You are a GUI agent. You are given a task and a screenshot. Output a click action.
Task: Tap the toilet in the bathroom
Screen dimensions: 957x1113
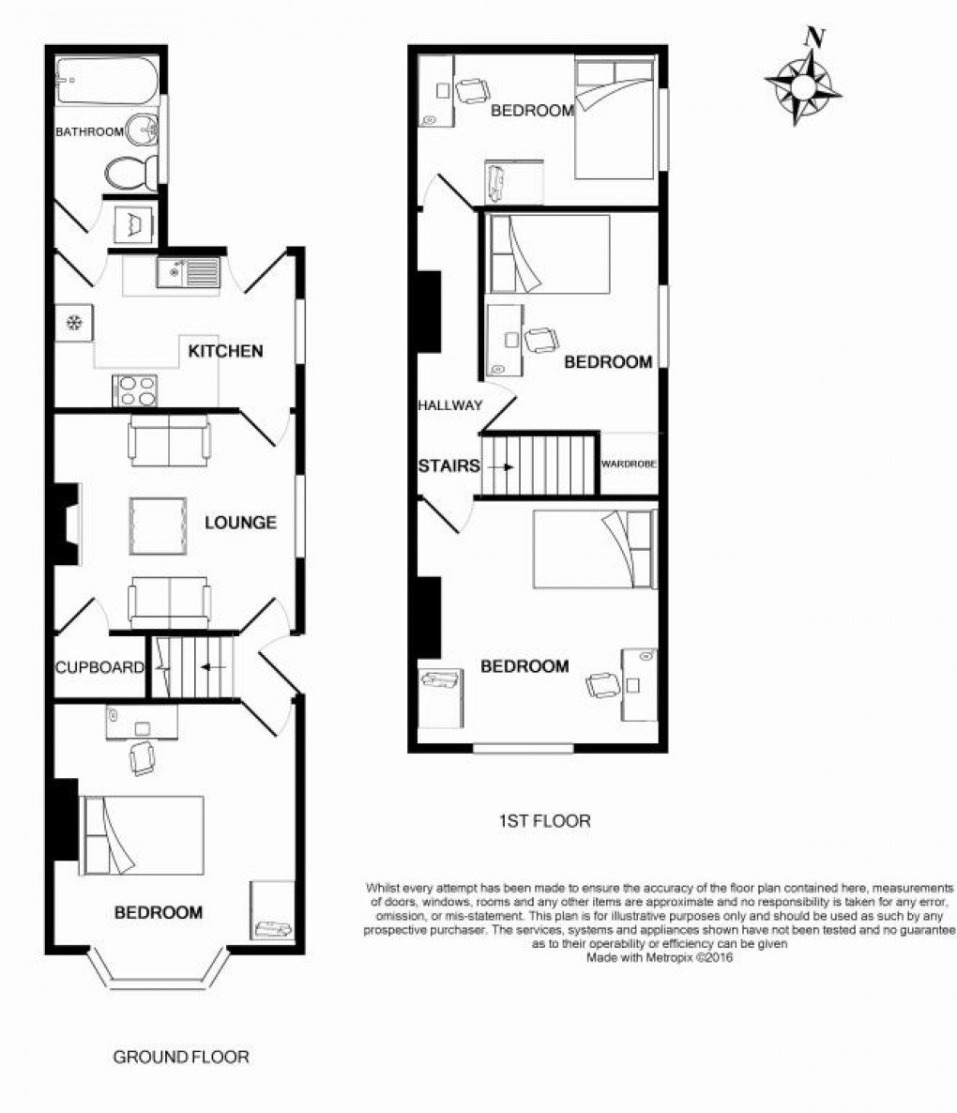tap(131, 172)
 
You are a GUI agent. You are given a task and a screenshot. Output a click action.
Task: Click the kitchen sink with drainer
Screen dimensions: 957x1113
tap(188, 272)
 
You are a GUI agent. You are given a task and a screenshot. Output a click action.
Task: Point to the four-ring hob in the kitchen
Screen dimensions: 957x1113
tap(135, 390)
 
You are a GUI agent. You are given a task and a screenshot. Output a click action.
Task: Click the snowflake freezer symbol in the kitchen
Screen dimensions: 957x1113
tap(74, 323)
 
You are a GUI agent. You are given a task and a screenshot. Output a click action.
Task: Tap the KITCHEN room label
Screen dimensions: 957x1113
tap(225, 351)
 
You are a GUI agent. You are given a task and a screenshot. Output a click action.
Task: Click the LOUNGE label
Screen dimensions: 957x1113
tap(240, 523)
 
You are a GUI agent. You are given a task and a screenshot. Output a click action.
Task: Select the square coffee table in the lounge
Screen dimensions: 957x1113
tap(158, 526)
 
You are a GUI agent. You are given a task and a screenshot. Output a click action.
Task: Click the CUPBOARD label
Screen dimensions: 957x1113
tap(99, 667)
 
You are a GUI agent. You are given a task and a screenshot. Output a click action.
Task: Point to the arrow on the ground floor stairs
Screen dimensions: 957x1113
tap(214, 667)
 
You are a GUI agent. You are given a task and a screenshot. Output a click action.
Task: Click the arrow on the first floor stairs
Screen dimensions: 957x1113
tap(502, 467)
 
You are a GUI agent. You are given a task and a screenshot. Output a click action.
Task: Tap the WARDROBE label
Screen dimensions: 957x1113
tap(629, 465)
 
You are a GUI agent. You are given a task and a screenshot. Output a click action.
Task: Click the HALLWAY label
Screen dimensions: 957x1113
tap(449, 405)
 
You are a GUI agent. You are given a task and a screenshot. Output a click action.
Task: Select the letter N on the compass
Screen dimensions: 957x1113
tap(816, 37)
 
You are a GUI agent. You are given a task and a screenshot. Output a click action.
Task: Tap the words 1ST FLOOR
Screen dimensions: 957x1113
tap(545, 821)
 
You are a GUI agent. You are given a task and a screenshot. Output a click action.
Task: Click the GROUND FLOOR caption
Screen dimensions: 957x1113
tap(181, 1057)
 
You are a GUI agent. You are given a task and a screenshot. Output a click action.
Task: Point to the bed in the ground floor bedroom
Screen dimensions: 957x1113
tap(143, 835)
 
